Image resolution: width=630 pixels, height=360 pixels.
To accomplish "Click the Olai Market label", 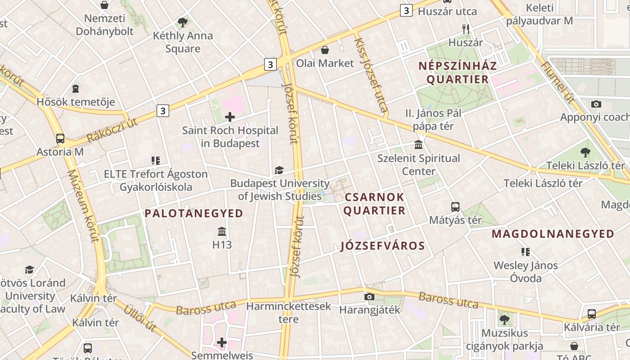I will click(325, 63).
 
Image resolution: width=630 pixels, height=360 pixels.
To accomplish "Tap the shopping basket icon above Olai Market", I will click(325, 49).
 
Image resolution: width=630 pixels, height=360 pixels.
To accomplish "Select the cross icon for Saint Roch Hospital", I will click(230, 117).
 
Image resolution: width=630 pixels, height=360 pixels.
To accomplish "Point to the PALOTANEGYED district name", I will click(194, 213).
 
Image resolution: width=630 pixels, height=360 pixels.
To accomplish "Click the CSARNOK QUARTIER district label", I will click(374, 204).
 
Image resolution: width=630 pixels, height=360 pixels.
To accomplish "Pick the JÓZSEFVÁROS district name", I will click(383, 246).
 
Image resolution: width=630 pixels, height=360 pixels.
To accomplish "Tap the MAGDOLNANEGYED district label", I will click(553, 234).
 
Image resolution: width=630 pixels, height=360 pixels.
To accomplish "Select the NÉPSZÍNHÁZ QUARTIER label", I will click(458, 72).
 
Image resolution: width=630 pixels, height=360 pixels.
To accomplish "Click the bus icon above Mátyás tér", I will click(455, 207).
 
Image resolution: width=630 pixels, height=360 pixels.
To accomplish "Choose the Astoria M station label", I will click(60, 152).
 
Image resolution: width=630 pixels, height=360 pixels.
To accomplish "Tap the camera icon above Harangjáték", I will click(369, 297).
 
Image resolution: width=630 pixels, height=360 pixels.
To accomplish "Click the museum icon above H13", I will click(222, 232).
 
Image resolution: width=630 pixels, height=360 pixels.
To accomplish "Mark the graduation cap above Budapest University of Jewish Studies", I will click(279, 170).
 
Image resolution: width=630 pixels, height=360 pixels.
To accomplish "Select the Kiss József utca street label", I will click(371, 75).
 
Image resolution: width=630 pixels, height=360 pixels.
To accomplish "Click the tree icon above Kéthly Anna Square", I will click(183, 22).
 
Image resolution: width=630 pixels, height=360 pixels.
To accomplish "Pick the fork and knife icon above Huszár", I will click(466, 29).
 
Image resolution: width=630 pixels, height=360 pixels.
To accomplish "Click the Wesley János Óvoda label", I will click(526, 272).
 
